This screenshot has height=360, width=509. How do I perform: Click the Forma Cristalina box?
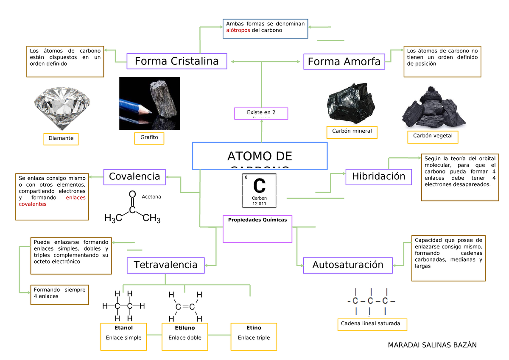pyautogui.click(x=176, y=61)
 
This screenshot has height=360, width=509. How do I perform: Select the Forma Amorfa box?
pyautogui.click(x=344, y=62)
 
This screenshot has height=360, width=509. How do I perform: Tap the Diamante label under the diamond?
pyautogui.click(x=61, y=138)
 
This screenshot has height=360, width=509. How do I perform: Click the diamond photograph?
pyautogui.click(x=62, y=106)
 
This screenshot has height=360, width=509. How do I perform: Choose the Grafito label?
pyautogui.click(x=146, y=137)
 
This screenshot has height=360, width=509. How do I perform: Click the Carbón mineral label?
pyautogui.click(x=352, y=131)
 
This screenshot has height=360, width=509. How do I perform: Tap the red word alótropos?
pyautogui.click(x=238, y=31)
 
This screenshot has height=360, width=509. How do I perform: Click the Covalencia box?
pyautogui.click(x=134, y=176)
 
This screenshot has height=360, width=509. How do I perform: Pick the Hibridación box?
pyautogui.click(x=378, y=176)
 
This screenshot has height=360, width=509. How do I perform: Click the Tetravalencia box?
pyautogui.click(x=165, y=265)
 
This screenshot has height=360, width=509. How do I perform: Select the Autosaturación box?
pyautogui.click(x=347, y=265)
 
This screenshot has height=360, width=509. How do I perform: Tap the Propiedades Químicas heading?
pyautogui.click(x=257, y=220)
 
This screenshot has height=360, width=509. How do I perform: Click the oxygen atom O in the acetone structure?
pyautogui.click(x=132, y=194)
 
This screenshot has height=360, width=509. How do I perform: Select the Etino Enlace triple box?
pyautogui.click(x=254, y=336)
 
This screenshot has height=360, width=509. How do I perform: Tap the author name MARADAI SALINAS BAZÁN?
pyautogui.click(x=432, y=345)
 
